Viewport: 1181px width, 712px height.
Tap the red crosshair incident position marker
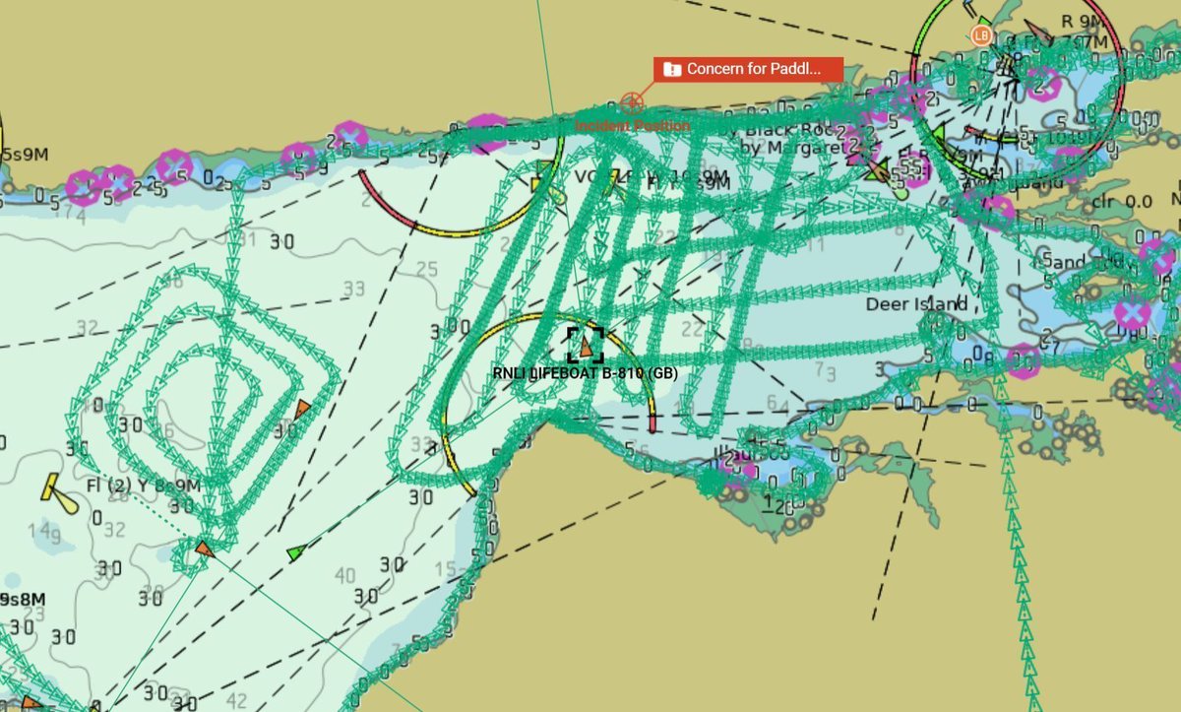632,102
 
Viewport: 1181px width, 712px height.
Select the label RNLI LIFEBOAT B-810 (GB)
585,372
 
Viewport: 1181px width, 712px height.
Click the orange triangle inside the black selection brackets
587,346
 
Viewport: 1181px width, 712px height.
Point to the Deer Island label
915,304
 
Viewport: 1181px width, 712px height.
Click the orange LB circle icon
980,35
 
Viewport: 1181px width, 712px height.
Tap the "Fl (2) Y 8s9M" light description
143,485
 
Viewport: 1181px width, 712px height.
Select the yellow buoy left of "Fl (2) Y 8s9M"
59,491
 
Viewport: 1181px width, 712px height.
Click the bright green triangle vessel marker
294,553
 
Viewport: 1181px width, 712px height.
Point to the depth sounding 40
345,575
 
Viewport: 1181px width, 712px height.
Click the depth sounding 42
236,701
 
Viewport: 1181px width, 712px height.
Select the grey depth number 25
426,269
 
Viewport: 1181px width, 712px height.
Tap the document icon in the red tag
672,69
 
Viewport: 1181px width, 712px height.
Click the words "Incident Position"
632,126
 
